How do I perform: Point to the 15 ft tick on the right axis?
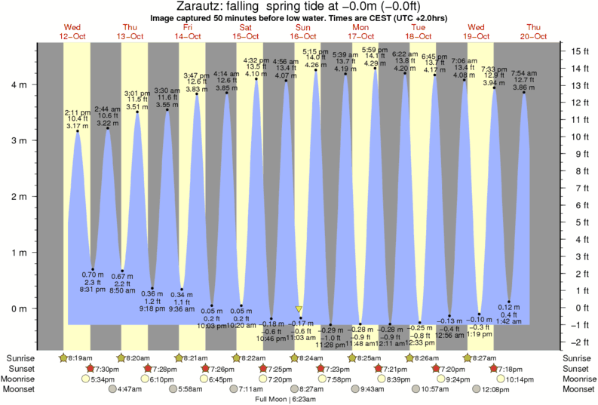coord(579,51)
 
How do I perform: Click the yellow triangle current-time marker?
coord(299,310)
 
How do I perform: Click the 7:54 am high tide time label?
coord(524,73)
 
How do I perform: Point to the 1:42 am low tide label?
coord(509,321)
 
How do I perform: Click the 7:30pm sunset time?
coord(106,368)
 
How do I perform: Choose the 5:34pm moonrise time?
coord(101,379)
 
